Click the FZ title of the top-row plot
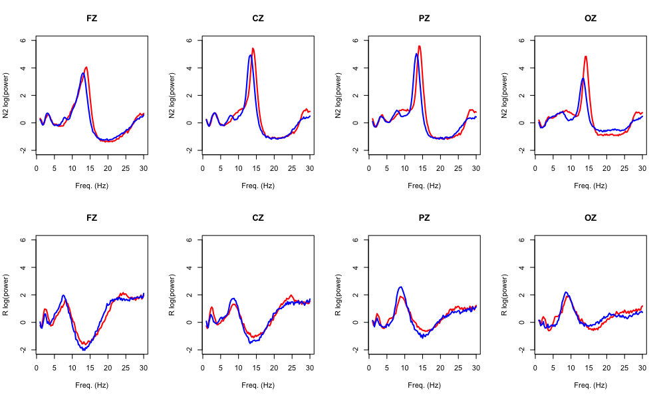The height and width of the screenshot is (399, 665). pos(92,18)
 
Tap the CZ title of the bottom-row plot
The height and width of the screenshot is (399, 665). pos(258,217)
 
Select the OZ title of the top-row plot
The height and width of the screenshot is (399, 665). pos(591,18)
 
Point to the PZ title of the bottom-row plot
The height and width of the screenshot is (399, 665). pos(424,217)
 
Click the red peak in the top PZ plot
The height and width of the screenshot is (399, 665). pos(420,46)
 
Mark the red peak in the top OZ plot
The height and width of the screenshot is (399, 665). pos(586,57)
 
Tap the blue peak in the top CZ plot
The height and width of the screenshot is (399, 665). pos(250,55)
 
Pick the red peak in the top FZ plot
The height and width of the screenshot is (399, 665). pos(86,67)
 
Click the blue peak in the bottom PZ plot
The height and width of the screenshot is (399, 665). pos(400,287)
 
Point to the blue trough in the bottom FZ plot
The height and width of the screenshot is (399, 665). pos(84,349)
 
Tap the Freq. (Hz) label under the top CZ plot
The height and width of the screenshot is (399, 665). pos(258,186)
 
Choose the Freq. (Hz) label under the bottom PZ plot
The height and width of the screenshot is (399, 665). pos(424,385)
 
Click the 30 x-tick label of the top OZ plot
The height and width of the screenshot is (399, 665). pos(642,168)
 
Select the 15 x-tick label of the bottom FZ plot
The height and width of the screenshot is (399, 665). pos(90,368)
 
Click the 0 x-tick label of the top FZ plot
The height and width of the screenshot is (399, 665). pos(37,168)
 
